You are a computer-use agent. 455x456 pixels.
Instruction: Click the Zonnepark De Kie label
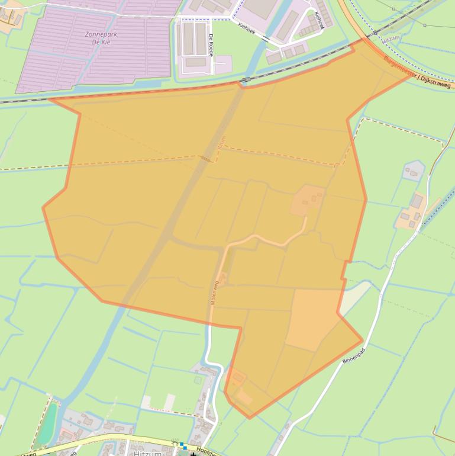(x=100, y=38)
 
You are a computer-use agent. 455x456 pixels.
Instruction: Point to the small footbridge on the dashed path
(x=205, y=158)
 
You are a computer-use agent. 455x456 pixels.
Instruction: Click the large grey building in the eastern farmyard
(x=417, y=202)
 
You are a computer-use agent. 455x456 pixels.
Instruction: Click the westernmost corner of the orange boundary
(x=43, y=207)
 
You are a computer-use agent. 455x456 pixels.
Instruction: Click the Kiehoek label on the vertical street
(x=320, y=20)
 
